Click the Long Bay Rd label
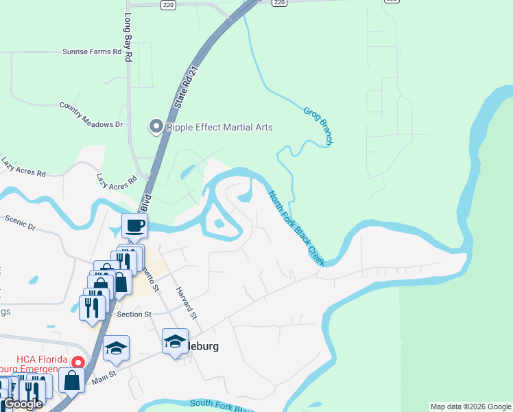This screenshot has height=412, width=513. [128, 38]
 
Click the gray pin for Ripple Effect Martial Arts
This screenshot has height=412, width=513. [156, 126]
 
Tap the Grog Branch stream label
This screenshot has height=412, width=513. [318, 124]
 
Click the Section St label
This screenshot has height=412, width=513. [134, 314]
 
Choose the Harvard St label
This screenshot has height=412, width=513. [186, 302]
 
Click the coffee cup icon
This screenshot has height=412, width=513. [134, 225]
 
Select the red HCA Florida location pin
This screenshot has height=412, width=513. [78, 362]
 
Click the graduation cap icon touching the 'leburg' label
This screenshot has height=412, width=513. [175, 341]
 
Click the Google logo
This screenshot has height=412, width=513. [22, 404]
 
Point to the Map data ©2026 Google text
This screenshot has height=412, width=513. [470, 407]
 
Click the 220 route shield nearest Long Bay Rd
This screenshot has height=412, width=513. [169, 4]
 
